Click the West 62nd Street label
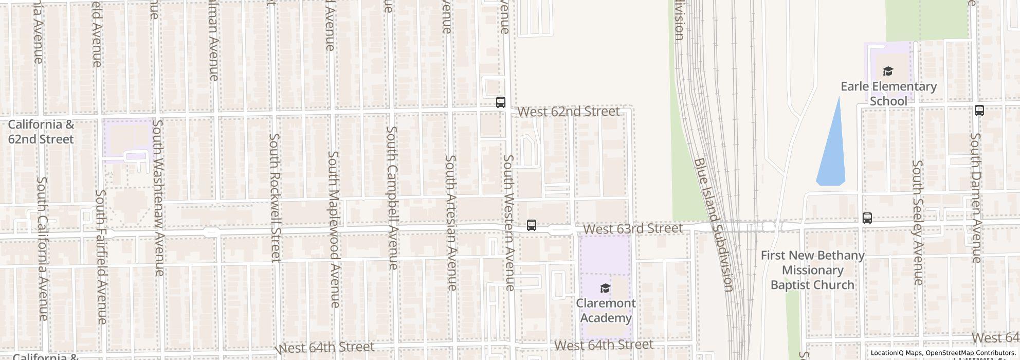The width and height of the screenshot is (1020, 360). [x=568, y=112]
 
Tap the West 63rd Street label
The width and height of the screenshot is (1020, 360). [x=633, y=228]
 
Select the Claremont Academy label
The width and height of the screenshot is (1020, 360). [x=606, y=311]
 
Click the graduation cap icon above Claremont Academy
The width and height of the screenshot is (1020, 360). [x=605, y=288]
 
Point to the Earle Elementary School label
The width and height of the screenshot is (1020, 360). [x=888, y=94]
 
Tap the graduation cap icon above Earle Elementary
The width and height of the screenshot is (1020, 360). [x=888, y=71]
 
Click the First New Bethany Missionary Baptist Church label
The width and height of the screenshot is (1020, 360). [x=812, y=270]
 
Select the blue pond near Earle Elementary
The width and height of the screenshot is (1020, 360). [x=832, y=149]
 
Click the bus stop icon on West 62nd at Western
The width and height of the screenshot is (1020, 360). [x=500, y=102]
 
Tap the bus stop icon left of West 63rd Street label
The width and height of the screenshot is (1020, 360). [x=531, y=225]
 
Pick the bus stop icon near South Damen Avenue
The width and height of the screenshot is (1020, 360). [x=979, y=110]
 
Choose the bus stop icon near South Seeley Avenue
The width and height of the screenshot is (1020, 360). [x=867, y=218]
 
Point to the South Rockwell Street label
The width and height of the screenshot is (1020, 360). [x=276, y=197]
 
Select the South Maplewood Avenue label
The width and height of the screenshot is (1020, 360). [x=334, y=229]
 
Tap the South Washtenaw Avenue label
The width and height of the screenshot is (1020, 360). [x=159, y=197]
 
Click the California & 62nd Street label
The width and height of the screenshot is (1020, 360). [x=41, y=132]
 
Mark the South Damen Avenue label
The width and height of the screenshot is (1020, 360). [x=976, y=197]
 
